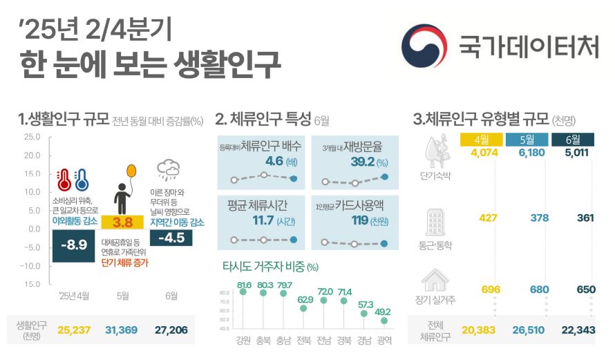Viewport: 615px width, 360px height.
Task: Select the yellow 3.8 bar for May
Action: click(x=122, y=222)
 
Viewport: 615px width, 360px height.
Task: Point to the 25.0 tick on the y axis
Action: click(x=32, y=137)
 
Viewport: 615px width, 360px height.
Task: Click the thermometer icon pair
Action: click(x=73, y=180)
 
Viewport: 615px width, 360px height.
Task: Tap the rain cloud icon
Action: click(x=169, y=169)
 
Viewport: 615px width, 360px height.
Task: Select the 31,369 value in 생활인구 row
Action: click(x=122, y=331)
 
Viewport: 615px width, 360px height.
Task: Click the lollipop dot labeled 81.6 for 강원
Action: click(x=243, y=292)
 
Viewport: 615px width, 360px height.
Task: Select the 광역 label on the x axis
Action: click(x=384, y=340)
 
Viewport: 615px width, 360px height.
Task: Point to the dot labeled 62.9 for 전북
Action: click(x=303, y=308)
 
